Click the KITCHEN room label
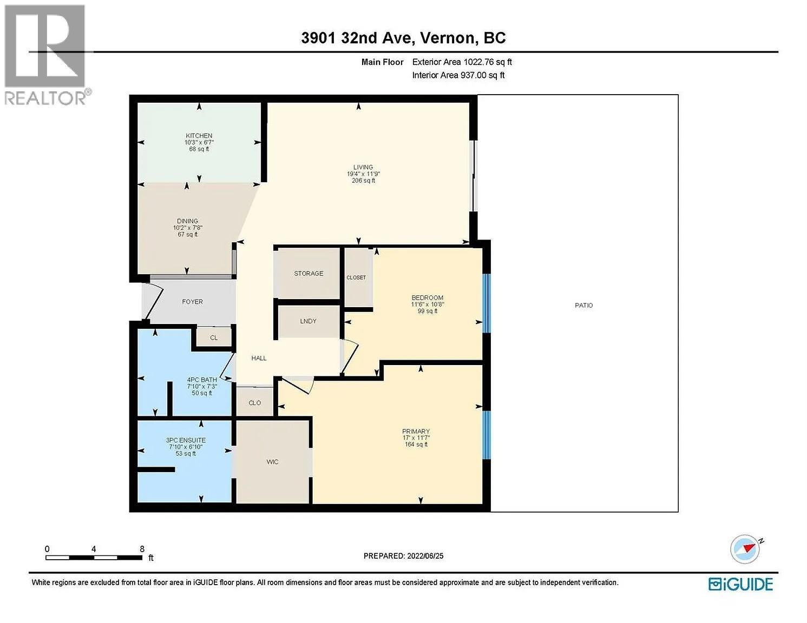199,136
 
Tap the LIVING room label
363,167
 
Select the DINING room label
187,221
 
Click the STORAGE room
309,274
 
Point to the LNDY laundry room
308,321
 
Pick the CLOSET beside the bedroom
356,277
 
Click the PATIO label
583,306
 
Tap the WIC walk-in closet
272,462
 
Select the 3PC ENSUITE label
186,440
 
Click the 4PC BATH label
202,380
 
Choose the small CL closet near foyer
214,337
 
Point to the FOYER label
192,302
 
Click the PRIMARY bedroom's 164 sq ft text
416,445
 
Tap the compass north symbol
745,549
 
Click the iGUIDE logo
740,584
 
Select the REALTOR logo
45,54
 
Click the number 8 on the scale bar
142,549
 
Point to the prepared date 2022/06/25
425,556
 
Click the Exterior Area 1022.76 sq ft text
462,62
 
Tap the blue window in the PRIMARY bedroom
487,435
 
